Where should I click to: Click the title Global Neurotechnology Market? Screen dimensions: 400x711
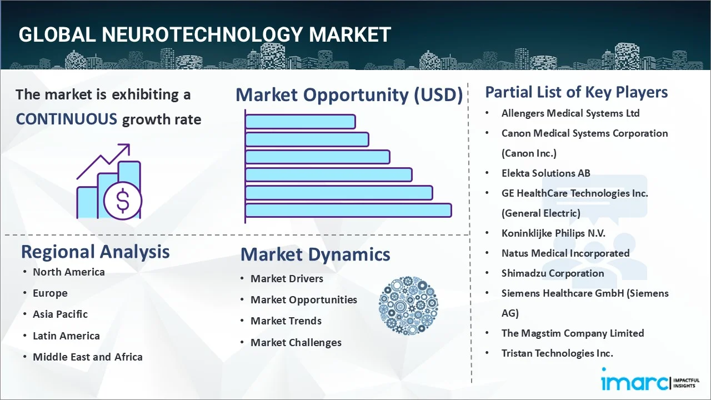[x=204, y=34]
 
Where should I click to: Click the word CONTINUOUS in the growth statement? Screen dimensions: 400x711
[x=66, y=119]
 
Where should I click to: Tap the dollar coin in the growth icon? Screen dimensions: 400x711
[x=123, y=201]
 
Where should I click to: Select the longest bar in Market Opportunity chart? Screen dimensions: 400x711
[x=348, y=210]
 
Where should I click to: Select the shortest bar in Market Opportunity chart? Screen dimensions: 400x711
[x=300, y=121]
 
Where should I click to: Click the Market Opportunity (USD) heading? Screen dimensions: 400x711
[x=349, y=95]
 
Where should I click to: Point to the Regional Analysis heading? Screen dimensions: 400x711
[x=95, y=252]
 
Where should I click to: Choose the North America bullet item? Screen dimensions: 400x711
[x=68, y=272]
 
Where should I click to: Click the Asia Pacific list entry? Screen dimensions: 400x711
[x=60, y=314]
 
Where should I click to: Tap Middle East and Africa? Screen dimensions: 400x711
[x=87, y=357]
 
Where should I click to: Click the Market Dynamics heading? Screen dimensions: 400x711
[x=315, y=254]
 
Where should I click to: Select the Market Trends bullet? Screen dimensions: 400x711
[x=286, y=321]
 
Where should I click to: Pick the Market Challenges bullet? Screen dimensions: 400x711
[x=296, y=342]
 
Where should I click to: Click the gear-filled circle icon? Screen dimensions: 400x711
[x=408, y=306]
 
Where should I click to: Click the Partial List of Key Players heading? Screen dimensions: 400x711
[x=576, y=92]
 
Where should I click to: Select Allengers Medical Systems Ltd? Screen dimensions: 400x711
[x=570, y=113]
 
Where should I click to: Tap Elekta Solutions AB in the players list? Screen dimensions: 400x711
[x=545, y=173]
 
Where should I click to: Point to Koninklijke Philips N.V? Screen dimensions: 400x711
[x=553, y=233]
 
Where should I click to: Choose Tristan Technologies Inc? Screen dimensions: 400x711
[x=557, y=353]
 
